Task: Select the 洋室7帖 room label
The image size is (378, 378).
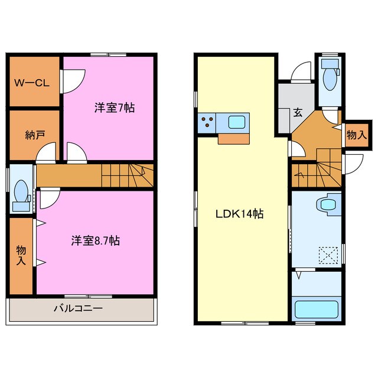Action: point(114,108)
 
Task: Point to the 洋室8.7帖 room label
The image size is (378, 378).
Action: point(96,240)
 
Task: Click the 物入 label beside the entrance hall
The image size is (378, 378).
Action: point(356,135)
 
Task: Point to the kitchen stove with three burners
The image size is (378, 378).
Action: point(208,122)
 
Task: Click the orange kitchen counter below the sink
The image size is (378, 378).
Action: point(235,139)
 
